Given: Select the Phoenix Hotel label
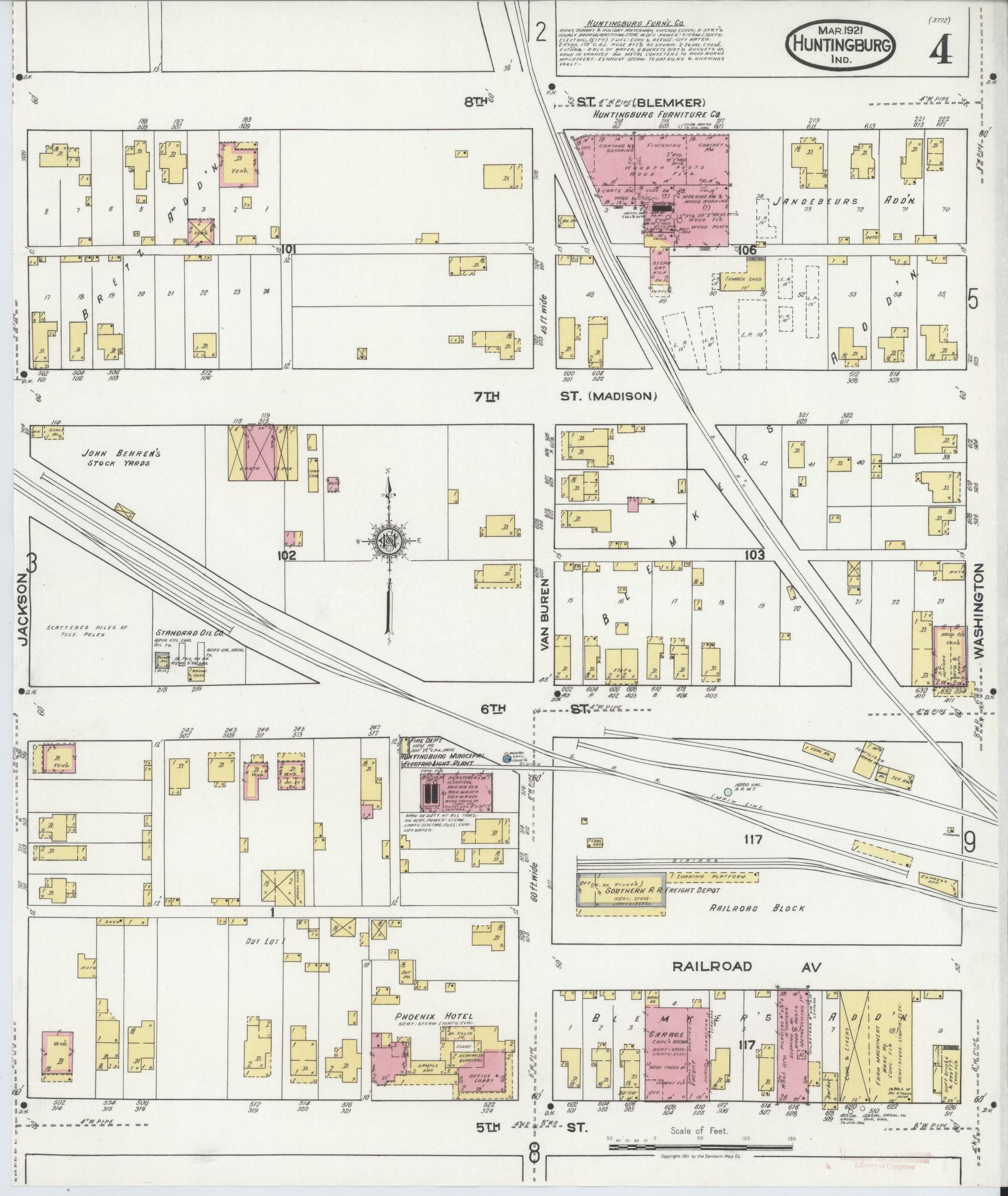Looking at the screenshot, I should coord(433,1016).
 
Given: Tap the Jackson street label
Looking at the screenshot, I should coord(22,610).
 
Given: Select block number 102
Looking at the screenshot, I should coord(287,555).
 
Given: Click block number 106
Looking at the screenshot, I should coord(746,251).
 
